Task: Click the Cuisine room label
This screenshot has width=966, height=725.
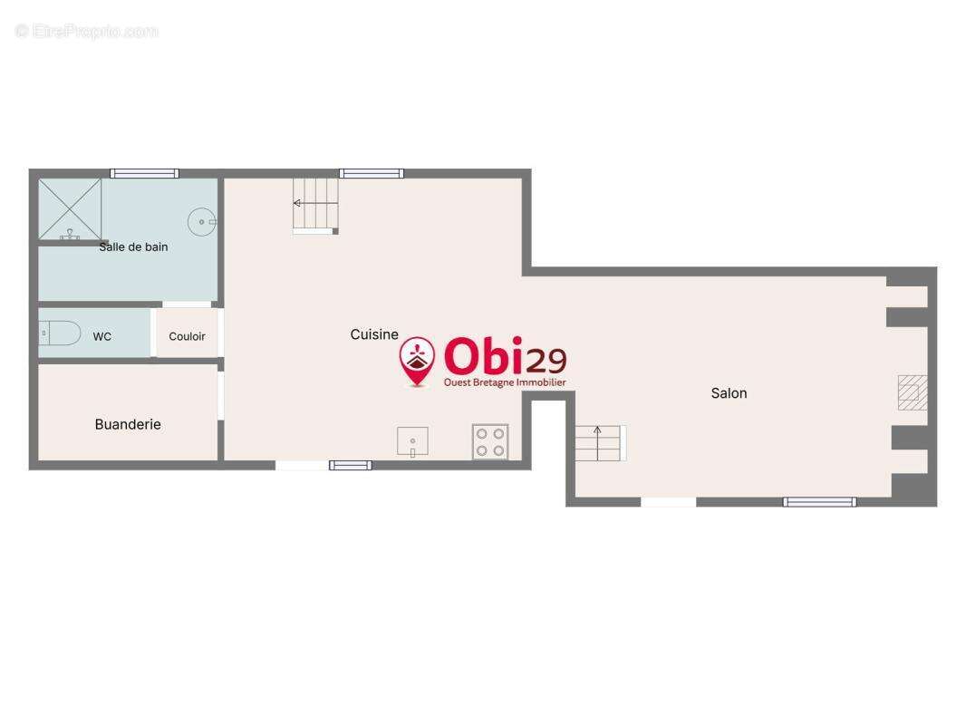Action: coord(374,334)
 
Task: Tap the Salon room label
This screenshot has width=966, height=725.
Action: coord(729,393)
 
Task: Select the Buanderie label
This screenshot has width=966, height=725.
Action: coord(128,424)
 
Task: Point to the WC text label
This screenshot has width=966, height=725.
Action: coord(102,336)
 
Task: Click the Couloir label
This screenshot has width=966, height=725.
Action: coord(187,336)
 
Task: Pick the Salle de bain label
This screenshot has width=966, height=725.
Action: coord(133,247)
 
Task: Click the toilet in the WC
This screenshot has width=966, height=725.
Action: coord(60,333)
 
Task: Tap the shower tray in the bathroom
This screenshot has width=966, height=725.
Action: coord(71,209)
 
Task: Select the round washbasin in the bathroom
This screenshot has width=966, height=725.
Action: coord(202,222)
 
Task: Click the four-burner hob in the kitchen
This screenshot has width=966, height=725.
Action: coord(490,441)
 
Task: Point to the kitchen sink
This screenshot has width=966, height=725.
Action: coord(412,441)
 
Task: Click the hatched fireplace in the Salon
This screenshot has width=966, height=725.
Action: coord(913,392)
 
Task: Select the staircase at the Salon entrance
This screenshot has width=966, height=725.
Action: coord(601,443)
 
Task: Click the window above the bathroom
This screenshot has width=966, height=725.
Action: coord(144,174)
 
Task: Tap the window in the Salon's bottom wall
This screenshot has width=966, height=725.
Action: coord(819,502)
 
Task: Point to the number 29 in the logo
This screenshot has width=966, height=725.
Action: coord(546,361)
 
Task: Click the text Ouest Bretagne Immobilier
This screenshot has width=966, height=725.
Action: coord(505,382)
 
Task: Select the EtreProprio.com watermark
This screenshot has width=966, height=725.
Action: coord(87,31)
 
